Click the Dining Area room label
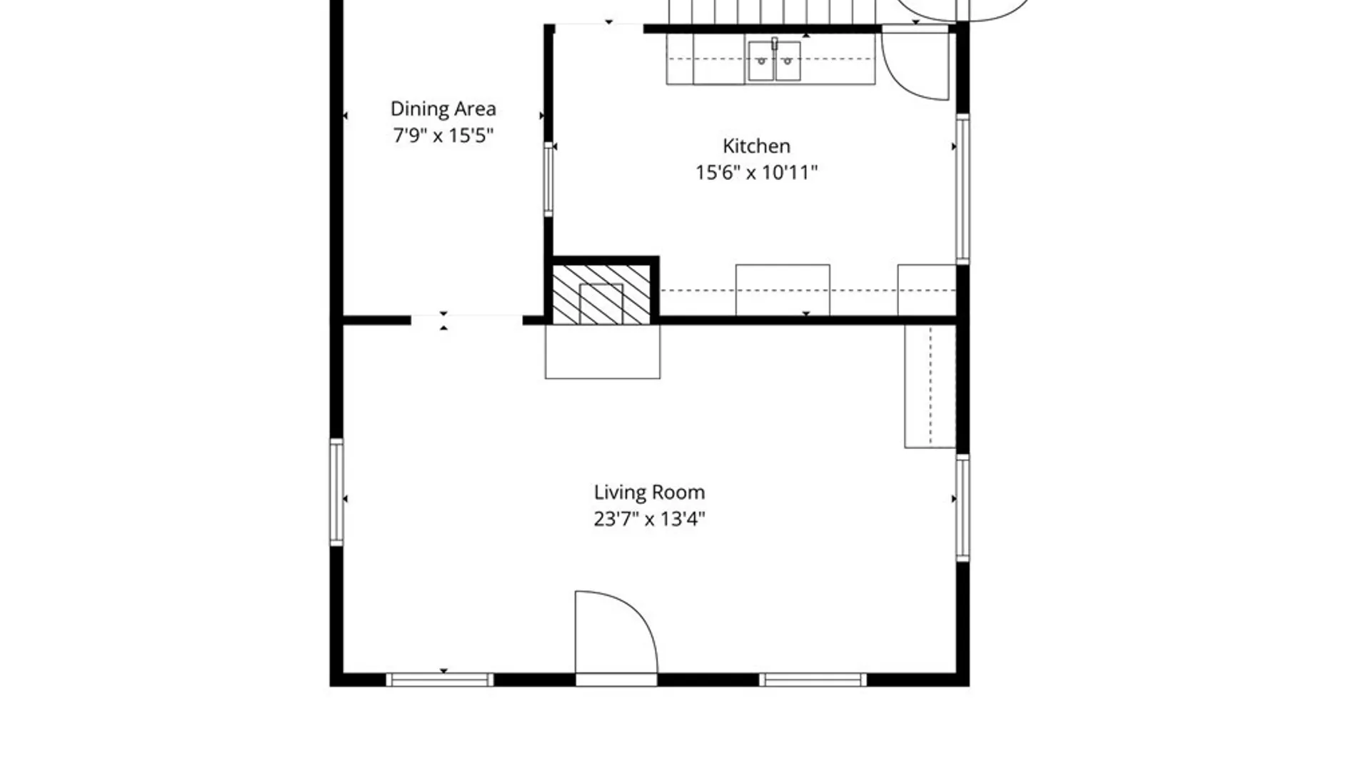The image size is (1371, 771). [x=443, y=109]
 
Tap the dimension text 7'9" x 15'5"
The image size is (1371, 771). [x=443, y=135]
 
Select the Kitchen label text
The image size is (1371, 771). [x=756, y=146]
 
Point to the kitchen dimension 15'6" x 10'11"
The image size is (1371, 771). [x=756, y=172]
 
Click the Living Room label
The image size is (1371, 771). [x=649, y=492]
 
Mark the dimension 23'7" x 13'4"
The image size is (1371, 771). [x=649, y=518]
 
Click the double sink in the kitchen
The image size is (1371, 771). [x=774, y=61]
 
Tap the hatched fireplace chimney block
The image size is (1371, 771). [x=601, y=294]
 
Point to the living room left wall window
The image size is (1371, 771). [x=336, y=492]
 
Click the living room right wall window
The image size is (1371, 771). [x=963, y=508]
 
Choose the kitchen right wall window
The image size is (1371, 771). [x=963, y=188]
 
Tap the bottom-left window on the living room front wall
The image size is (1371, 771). [x=439, y=680]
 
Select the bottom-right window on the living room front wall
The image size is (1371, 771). [x=813, y=680]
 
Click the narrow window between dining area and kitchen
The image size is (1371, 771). [x=548, y=178]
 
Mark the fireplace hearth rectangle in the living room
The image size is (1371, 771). [x=603, y=351]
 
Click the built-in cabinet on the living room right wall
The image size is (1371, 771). [x=930, y=386]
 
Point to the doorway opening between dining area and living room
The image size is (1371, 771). [x=467, y=320]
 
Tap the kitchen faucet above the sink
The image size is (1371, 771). [x=774, y=44]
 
